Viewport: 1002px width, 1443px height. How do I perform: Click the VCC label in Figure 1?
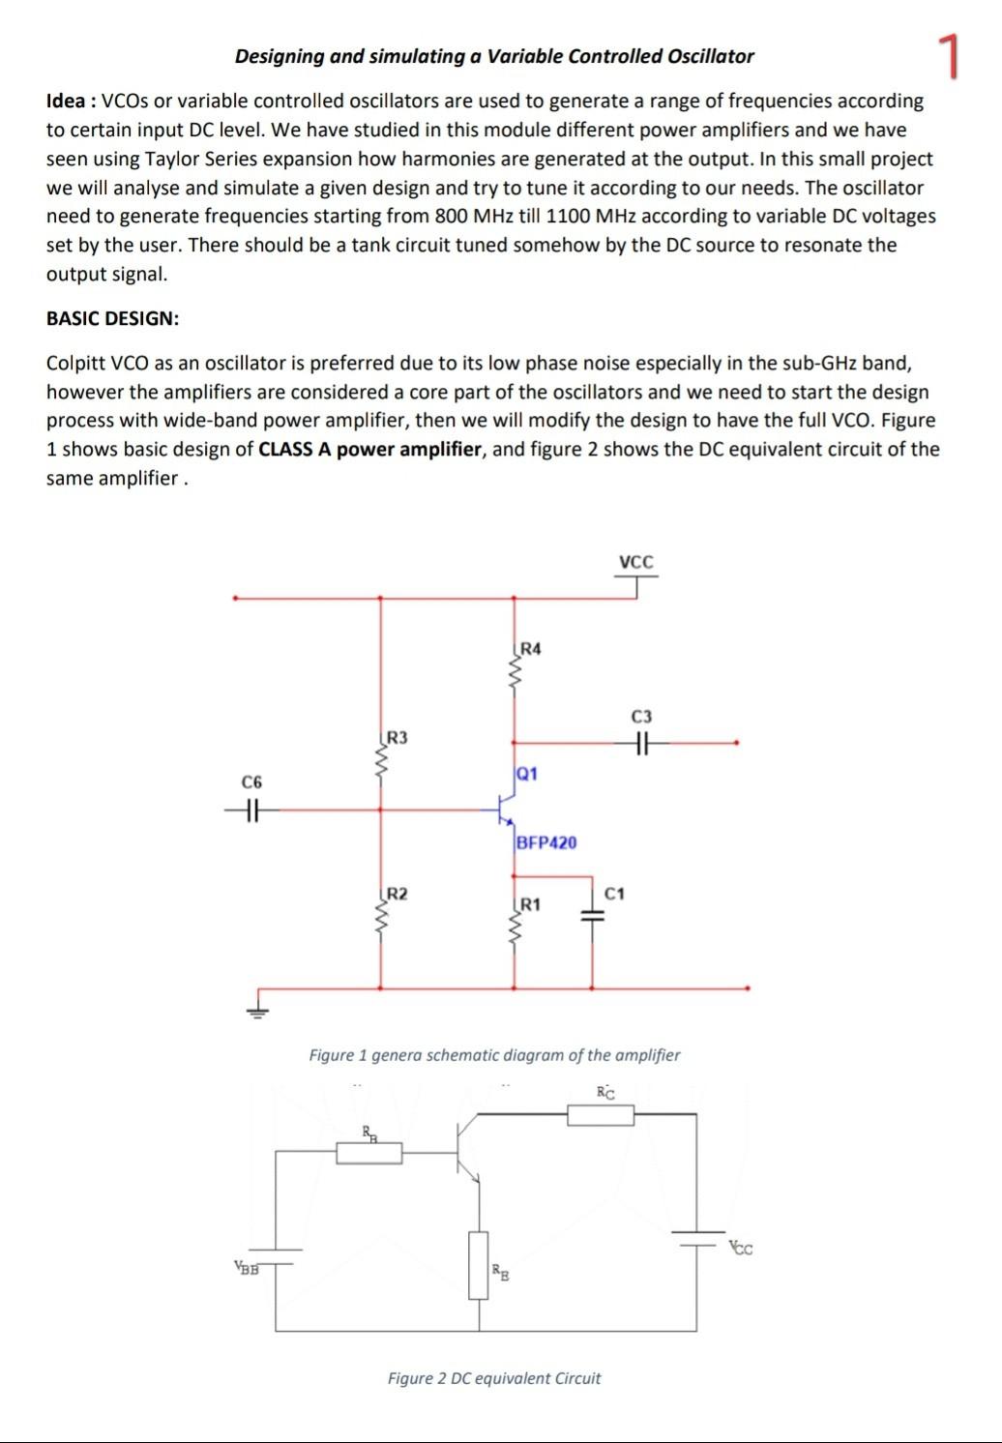pyautogui.click(x=635, y=562)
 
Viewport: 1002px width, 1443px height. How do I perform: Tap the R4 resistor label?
pyautogui.click(x=531, y=648)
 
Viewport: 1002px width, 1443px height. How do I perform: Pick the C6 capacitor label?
pyautogui.click(x=251, y=781)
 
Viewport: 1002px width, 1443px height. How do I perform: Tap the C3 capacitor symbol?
pyautogui.click(x=640, y=744)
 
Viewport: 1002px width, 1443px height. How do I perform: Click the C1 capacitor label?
pyautogui.click(x=615, y=893)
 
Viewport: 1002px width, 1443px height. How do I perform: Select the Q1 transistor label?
pyautogui.click(x=527, y=774)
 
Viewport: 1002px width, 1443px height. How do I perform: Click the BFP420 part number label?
pyautogui.click(x=546, y=842)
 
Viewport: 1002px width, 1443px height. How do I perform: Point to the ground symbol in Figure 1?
pyautogui.click(x=257, y=1008)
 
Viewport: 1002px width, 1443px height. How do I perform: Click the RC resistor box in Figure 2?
pyautogui.click(x=601, y=1115)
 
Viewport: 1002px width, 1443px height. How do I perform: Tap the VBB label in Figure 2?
pyautogui.click(x=247, y=1267)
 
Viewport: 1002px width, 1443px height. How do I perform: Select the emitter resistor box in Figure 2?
pyautogui.click(x=478, y=1265)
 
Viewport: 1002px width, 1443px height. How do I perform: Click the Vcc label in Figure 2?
pyautogui.click(x=741, y=1248)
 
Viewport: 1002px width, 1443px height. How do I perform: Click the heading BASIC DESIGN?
pyautogui.click(x=112, y=318)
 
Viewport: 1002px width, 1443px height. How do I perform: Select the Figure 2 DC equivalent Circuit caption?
pyautogui.click(x=493, y=1378)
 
